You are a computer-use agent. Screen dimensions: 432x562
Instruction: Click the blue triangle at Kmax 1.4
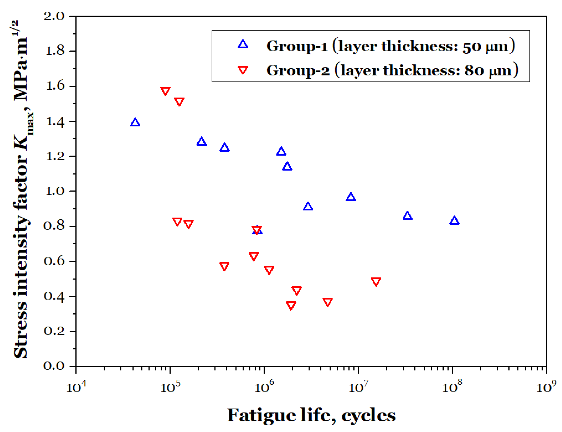coord(135,122)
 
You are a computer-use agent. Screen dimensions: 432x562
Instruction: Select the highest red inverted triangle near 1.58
coord(165,91)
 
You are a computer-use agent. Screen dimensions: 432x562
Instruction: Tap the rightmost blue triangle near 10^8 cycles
coord(454,221)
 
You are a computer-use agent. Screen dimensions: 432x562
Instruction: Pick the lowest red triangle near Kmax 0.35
coord(291,305)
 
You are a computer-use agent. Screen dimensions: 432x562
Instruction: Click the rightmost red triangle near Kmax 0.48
coord(376,281)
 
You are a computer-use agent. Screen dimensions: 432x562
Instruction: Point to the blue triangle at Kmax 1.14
coord(287,166)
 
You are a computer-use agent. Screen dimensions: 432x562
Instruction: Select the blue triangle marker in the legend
coord(243,44)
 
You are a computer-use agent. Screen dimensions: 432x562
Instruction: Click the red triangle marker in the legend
coord(243,70)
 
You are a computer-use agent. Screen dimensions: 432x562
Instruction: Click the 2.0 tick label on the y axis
coord(54,16)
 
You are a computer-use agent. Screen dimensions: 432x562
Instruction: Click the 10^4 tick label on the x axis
coord(76,386)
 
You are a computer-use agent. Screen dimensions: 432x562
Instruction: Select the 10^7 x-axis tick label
coord(358,386)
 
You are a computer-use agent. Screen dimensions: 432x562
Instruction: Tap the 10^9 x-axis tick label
coord(546,386)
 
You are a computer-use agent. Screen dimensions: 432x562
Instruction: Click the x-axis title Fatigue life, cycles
coord(311,415)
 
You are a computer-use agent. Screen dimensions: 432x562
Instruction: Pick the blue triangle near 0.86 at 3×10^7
coord(407,216)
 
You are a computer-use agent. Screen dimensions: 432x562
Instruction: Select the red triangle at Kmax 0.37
coord(327,302)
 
